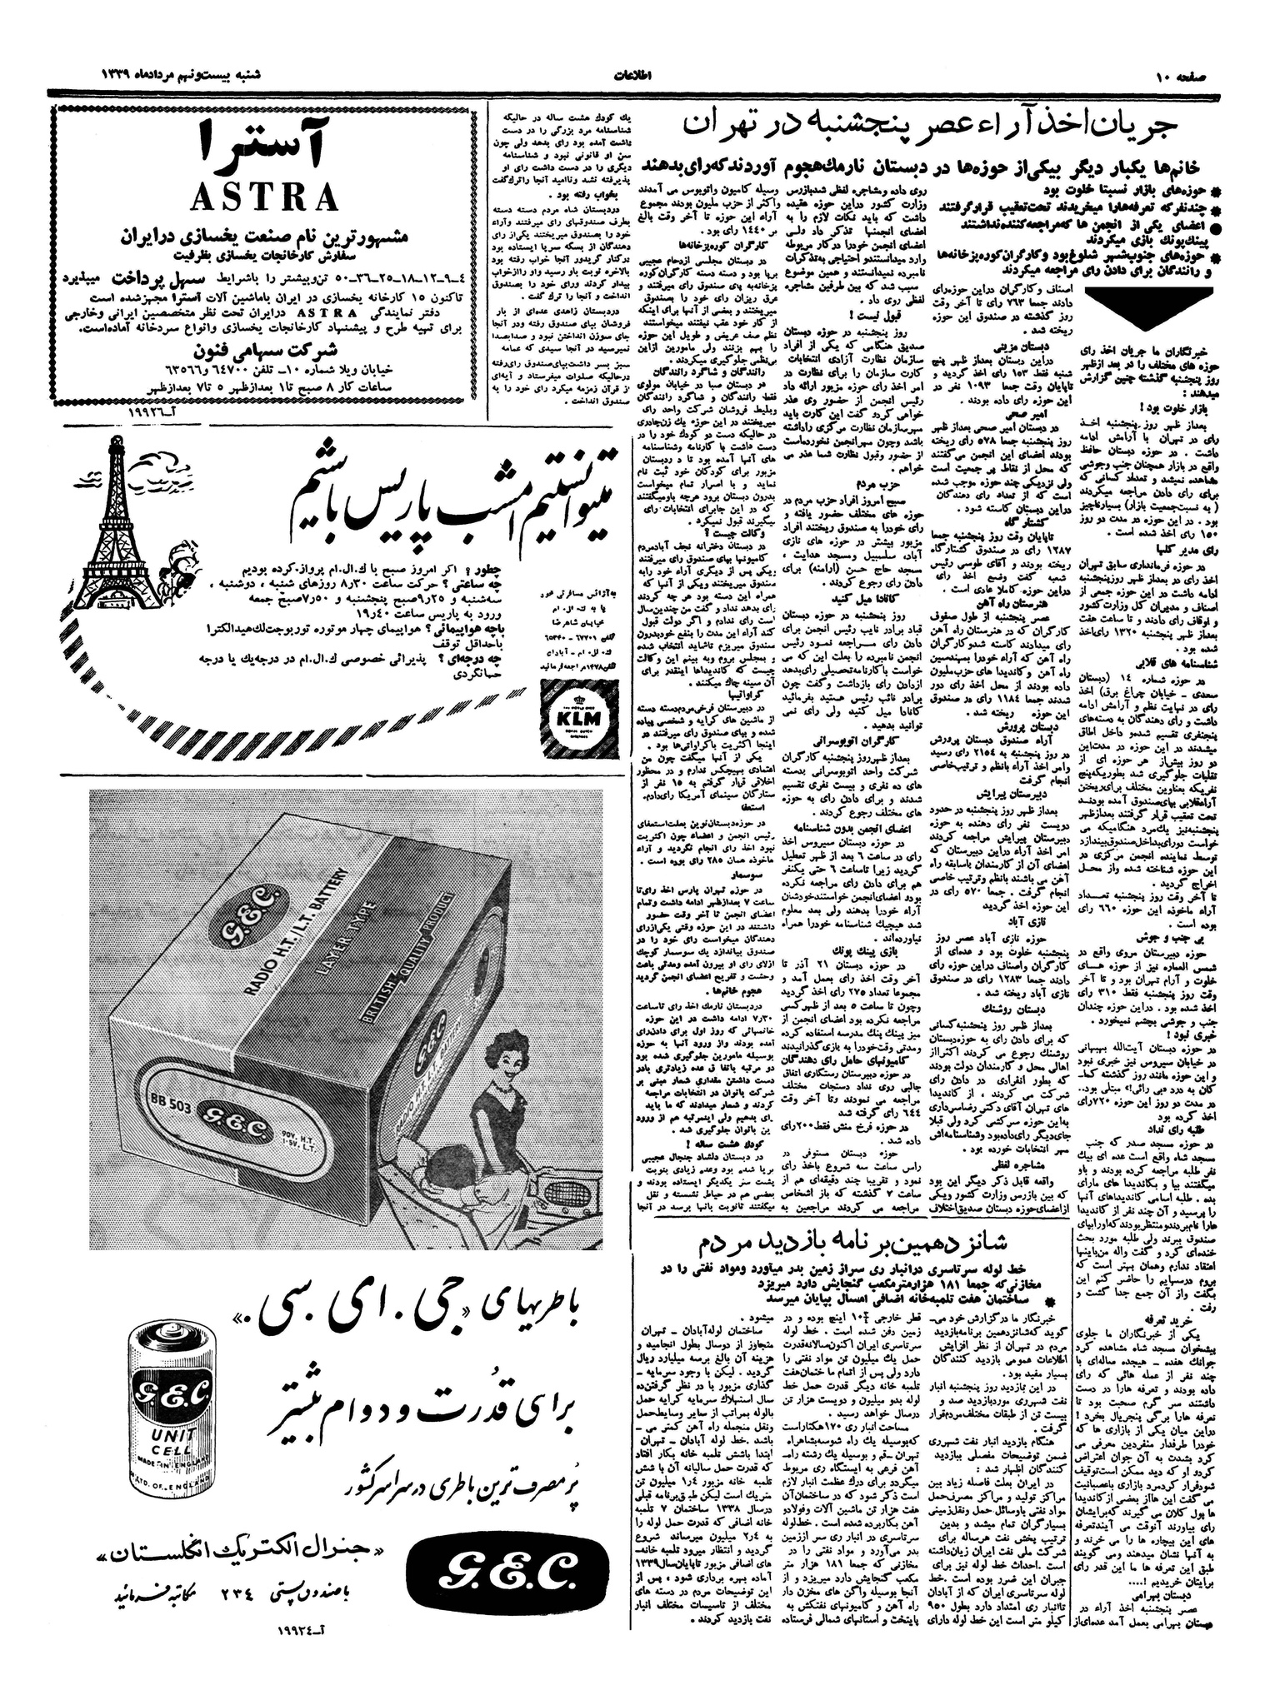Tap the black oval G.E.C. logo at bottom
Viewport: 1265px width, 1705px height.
pyautogui.click(x=500, y=1569)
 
